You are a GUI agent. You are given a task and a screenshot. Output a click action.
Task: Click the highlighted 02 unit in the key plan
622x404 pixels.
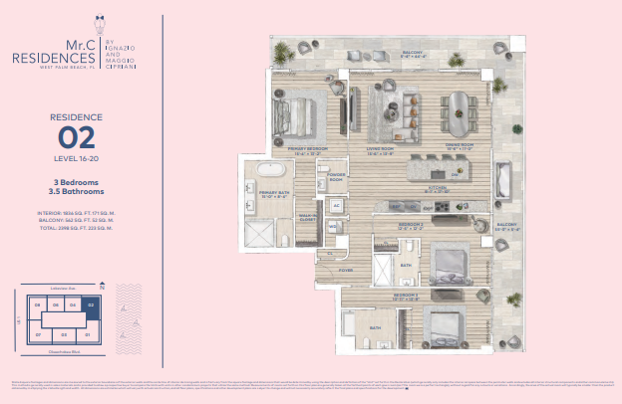(x=91, y=306)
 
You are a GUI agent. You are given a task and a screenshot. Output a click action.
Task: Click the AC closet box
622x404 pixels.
(x=337, y=206)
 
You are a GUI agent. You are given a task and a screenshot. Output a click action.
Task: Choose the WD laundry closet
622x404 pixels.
(x=333, y=226)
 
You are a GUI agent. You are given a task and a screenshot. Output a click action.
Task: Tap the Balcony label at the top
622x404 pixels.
(x=414, y=54)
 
